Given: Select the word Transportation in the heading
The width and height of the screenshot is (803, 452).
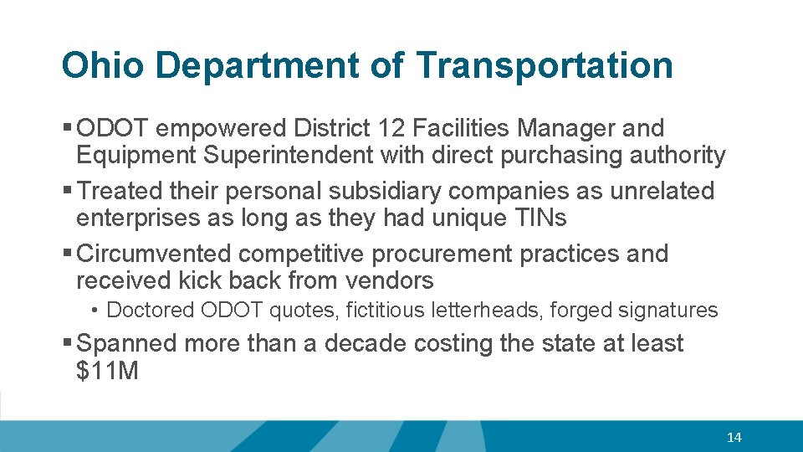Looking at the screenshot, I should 544,66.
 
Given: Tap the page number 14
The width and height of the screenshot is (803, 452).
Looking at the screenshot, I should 734,437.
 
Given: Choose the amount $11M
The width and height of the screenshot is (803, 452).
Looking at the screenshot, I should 107,371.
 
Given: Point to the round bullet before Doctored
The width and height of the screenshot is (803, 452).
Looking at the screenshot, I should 97,311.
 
